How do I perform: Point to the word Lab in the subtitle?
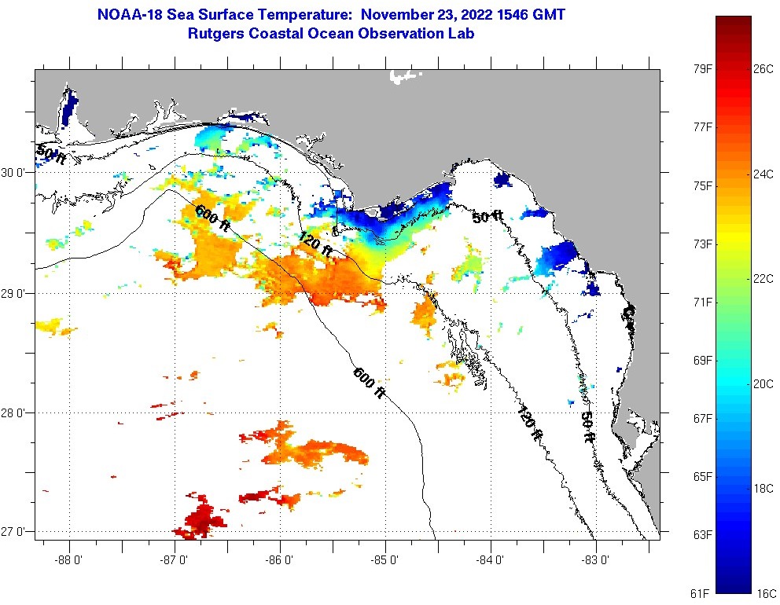click(462, 34)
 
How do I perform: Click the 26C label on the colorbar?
click(764, 68)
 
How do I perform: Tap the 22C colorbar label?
click(764, 279)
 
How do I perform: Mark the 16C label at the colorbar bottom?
click(764, 592)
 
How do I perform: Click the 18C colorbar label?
click(764, 488)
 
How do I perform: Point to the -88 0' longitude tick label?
click(69, 560)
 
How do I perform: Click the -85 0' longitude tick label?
click(385, 560)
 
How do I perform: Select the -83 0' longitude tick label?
click(595, 560)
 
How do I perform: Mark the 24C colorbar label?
click(764, 174)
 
